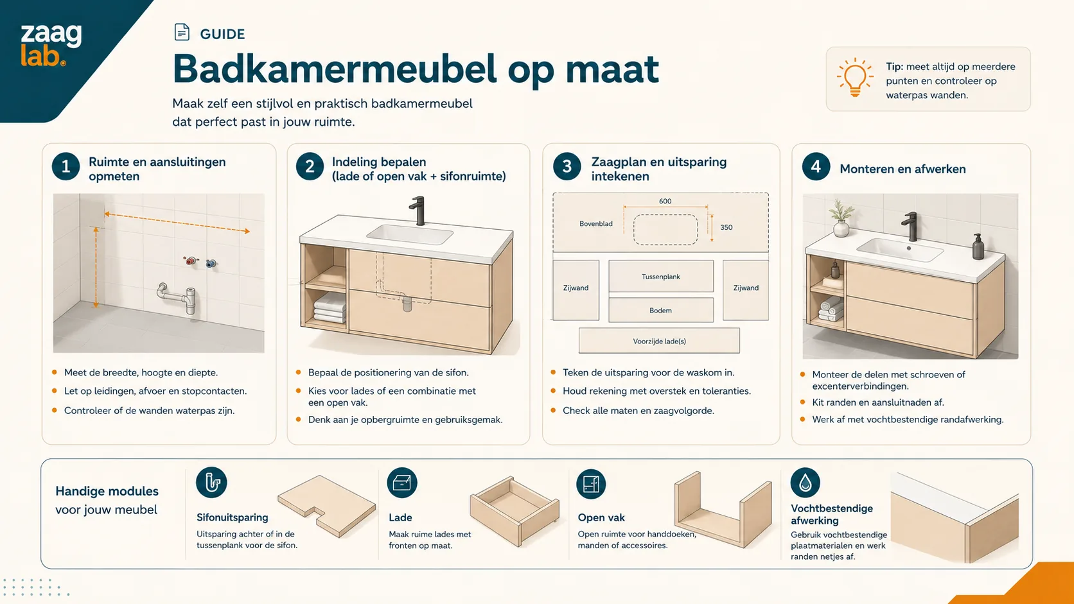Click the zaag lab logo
51,44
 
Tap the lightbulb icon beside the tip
855,78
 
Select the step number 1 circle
66,166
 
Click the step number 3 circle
567,166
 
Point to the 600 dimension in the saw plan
665,201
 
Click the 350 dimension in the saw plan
726,227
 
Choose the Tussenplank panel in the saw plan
661,277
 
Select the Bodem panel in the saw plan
661,310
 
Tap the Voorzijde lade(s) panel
659,341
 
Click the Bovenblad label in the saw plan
596,223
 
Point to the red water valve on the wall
191,261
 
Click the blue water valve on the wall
211,263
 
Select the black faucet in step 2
418,211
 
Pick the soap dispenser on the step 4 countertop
978,246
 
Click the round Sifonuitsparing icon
211,482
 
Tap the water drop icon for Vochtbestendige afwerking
805,482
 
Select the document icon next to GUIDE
182,32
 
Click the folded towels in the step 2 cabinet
330,308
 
